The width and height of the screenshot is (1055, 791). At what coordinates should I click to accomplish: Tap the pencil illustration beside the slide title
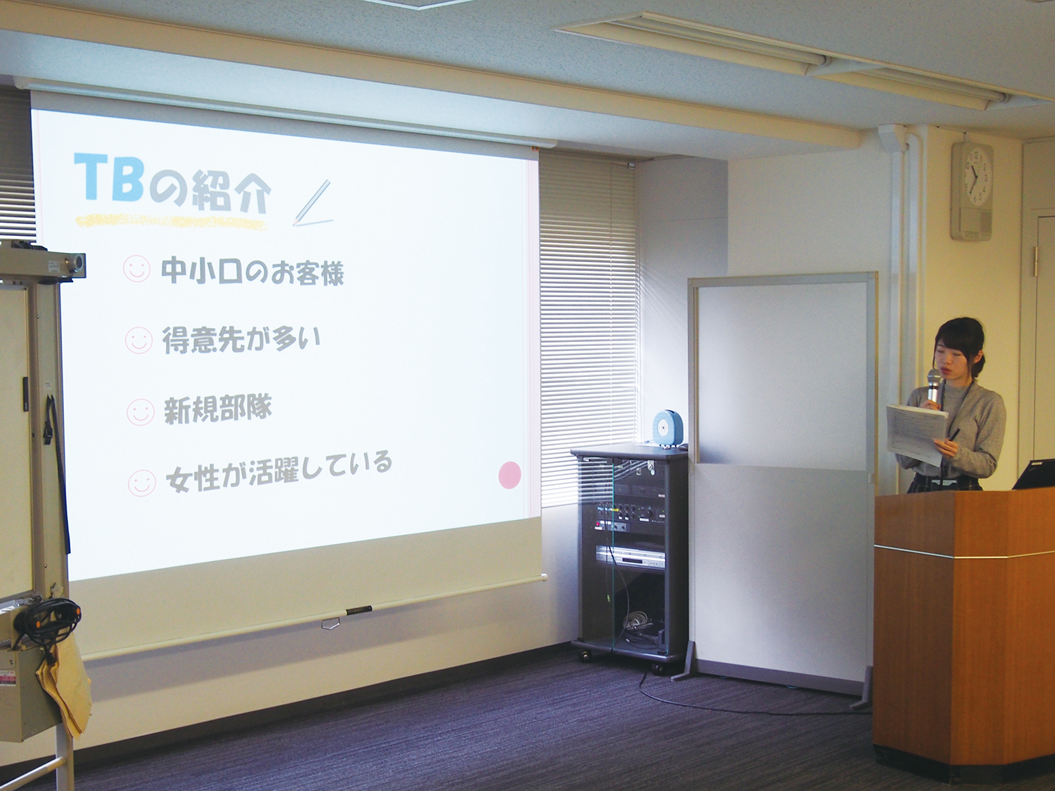tap(312, 202)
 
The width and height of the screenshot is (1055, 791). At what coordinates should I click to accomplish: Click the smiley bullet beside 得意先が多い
tap(138, 340)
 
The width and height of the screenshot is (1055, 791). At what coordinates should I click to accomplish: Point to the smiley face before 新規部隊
tap(140, 411)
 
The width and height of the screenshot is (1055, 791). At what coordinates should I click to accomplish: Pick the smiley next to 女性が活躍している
tap(142, 482)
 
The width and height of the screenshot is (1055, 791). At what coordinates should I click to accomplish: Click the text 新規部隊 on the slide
tap(218, 410)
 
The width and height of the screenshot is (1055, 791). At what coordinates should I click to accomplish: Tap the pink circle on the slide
tap(509, 475)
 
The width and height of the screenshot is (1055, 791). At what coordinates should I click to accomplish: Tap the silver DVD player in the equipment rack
tap(630, 557)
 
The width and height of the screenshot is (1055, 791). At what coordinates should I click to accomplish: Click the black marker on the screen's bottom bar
tap(359, 611)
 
